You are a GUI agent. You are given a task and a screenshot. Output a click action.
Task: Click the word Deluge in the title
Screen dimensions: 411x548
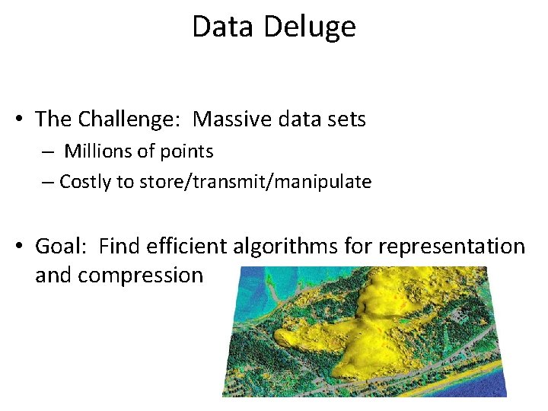point(310,27)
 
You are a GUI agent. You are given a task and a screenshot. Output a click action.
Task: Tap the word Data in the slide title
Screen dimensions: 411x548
point(222,27)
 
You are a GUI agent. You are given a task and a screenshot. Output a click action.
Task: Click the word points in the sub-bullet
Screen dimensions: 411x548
point(186,151)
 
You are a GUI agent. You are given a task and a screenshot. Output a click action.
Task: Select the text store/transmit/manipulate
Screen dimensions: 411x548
point(255,182)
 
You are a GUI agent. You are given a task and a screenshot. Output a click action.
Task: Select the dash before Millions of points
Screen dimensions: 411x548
point(47,152)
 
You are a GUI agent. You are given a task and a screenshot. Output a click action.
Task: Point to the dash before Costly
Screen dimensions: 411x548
point(47,183)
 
